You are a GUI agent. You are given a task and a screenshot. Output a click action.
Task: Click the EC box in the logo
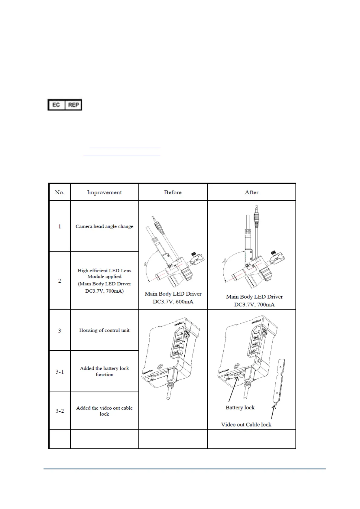[x=56, y=105]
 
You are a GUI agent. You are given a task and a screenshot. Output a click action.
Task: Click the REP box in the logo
[x=73, y=105]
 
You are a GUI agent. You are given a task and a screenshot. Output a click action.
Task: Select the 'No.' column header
[x=60, y=192]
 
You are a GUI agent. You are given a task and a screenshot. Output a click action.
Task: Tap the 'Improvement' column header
[x=104, y=192]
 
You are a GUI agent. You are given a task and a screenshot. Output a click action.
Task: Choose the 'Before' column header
[x=173, y=192]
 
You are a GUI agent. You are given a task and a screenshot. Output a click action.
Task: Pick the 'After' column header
[x=251, y=192]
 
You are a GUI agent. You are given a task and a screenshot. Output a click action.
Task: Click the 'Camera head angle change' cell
[x=104, y=226]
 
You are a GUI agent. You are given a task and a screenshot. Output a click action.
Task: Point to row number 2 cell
[x=60, y=281]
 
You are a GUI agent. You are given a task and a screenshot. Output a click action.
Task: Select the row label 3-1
[x=60, y=371]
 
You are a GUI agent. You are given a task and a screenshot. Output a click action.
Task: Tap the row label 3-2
[x=60, y=411]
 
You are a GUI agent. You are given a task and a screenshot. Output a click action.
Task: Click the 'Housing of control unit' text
[x=104, y=330]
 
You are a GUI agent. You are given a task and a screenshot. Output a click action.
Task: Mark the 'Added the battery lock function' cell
[x=104, y=371]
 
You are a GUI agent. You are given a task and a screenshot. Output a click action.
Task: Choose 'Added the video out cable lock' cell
[x=104, y=411]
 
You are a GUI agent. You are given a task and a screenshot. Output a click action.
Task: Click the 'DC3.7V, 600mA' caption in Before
[x=173, y=302]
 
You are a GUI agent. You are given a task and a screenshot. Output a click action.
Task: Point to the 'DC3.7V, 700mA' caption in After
[x=254, y=305]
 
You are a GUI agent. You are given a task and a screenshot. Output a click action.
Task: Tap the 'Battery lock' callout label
[x=240, y=407]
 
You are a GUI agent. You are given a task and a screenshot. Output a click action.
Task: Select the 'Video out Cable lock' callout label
[x=246, y=425]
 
